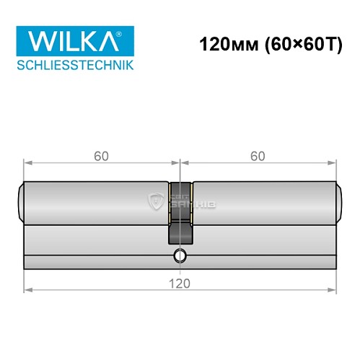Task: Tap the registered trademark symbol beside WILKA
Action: click(127, 32)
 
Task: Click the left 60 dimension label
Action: click(100, 155)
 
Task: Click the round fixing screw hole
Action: click(179, 256)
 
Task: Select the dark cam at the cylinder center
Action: click(180, 213)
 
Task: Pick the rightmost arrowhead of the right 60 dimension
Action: click(333, 163)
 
